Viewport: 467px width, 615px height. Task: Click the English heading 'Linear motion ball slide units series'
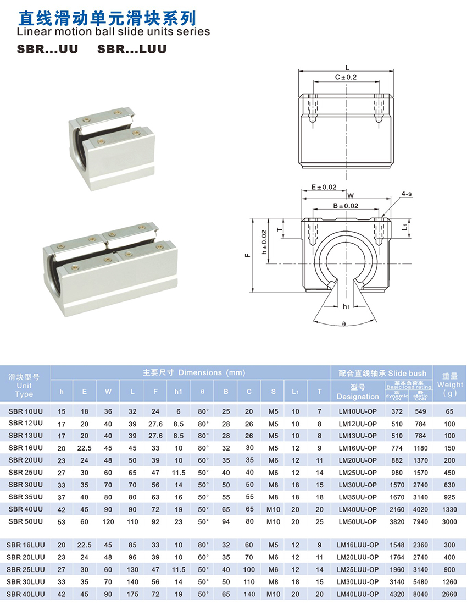coord(114,31)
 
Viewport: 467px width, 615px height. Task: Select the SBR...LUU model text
coord(132,49)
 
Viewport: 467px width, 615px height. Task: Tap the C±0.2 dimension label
coord(346,77)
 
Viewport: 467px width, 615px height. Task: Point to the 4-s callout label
coord(407,194)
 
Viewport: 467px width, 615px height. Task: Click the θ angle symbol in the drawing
coord(344,325)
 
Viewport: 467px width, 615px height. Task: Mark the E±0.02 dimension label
coord(324,187)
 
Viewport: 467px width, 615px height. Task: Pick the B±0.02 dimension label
coord(346,206)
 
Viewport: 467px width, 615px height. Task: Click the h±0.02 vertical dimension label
coord(264,242)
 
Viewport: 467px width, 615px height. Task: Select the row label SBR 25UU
coord(25,472)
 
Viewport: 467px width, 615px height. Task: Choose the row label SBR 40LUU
coord(25,594)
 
